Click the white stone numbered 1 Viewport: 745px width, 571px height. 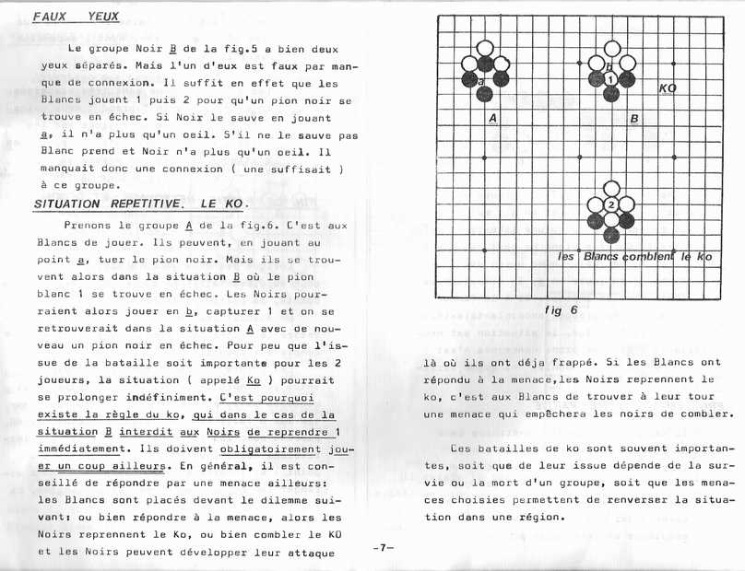tap(610, 80)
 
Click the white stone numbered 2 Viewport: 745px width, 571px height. tap(610, 204)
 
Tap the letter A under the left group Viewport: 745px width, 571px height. tap(493, 118)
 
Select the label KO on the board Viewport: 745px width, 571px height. tap(668, 87)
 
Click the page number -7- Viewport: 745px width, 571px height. tap(384, 546)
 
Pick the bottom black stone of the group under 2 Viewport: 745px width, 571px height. tap(610, 236)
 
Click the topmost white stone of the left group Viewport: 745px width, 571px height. tap(484, 49)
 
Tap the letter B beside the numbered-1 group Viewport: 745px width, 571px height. tap(635, 118)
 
